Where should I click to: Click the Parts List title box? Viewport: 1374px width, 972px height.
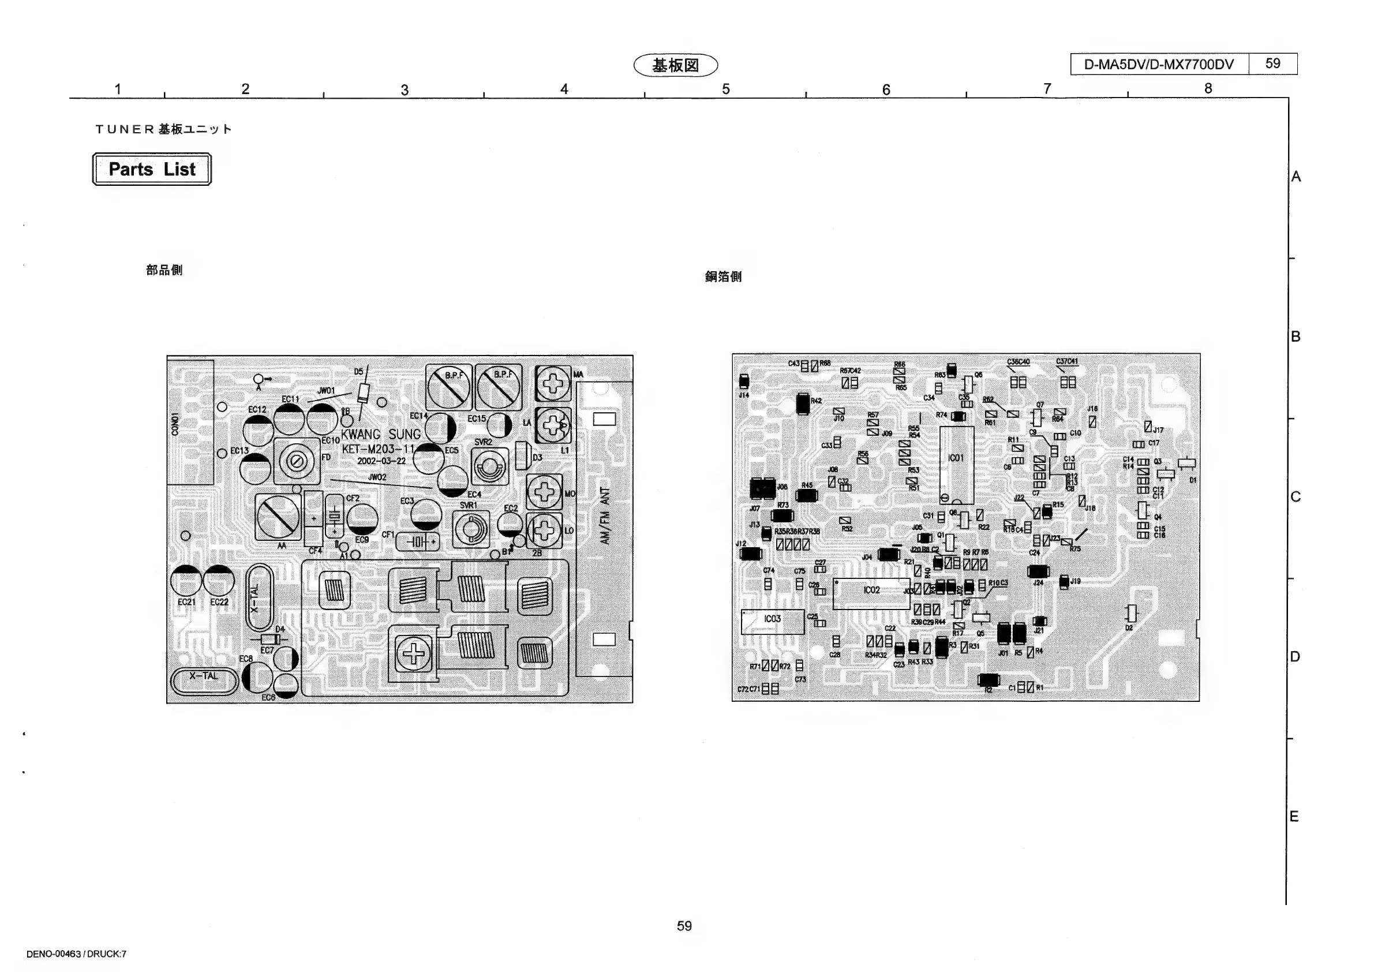(x=151, y=169)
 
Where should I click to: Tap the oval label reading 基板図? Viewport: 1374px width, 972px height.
(x=675, y=65)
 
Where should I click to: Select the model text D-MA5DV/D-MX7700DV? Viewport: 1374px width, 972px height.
(x=1159, y=65)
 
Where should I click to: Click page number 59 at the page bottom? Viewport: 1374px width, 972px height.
(x=684, y=926)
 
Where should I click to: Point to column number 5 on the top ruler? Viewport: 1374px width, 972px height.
(x=725, y=89)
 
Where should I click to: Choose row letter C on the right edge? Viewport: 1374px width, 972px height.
(x=1296, y=497)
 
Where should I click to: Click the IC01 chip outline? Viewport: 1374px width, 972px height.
(x=956, y=465)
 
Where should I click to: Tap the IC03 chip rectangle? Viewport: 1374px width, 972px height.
(x=772, y=621)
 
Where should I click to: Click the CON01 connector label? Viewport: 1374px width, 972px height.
(x=175, y=424)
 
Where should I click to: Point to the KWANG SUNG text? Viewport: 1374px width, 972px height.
(x=381, y=434)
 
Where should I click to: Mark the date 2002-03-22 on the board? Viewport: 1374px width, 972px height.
(x=381, y=461)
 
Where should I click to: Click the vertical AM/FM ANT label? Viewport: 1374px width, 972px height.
(x=605, y=516)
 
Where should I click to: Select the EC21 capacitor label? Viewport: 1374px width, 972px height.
(x=186, y=602)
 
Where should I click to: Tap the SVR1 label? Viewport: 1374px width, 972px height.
(x=468, y=505)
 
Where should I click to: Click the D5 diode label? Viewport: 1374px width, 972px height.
(x=358, y=372)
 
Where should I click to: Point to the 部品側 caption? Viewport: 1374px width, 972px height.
(x=164, y=270)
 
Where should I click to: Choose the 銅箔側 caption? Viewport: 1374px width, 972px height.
(x=723, y=276)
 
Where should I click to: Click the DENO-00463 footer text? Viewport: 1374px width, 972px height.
(x=76, y=954)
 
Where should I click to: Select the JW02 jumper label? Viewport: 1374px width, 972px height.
(x=377, y=477)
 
